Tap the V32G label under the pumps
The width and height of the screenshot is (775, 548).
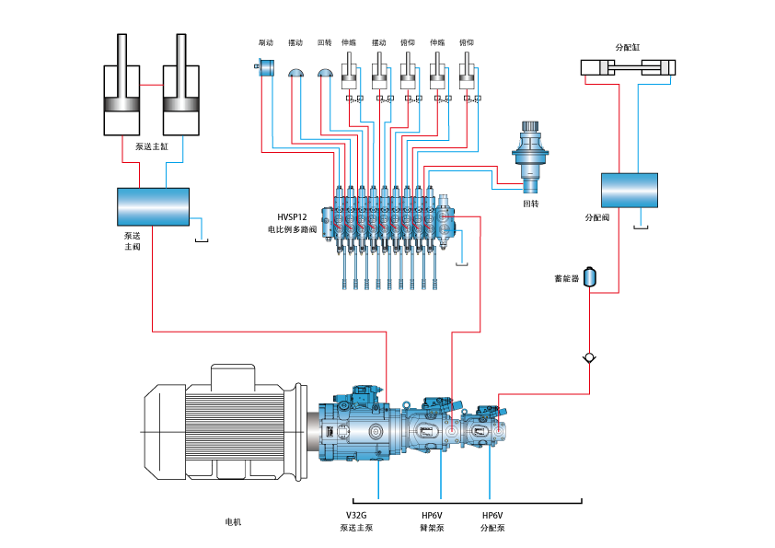tap(356, 515)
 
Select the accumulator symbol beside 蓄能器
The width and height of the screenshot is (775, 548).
tap(591, 275)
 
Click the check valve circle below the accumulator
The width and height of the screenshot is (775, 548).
tap(589, 357)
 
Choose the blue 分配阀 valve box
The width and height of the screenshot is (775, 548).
tap(630, 190)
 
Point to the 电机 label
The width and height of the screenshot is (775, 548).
tap(234, 522)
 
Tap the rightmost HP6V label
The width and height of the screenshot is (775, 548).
tap(492, 515)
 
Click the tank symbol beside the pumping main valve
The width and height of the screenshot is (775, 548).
tap(202, 241)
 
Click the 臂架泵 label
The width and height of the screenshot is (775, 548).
tap(432, 528)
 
